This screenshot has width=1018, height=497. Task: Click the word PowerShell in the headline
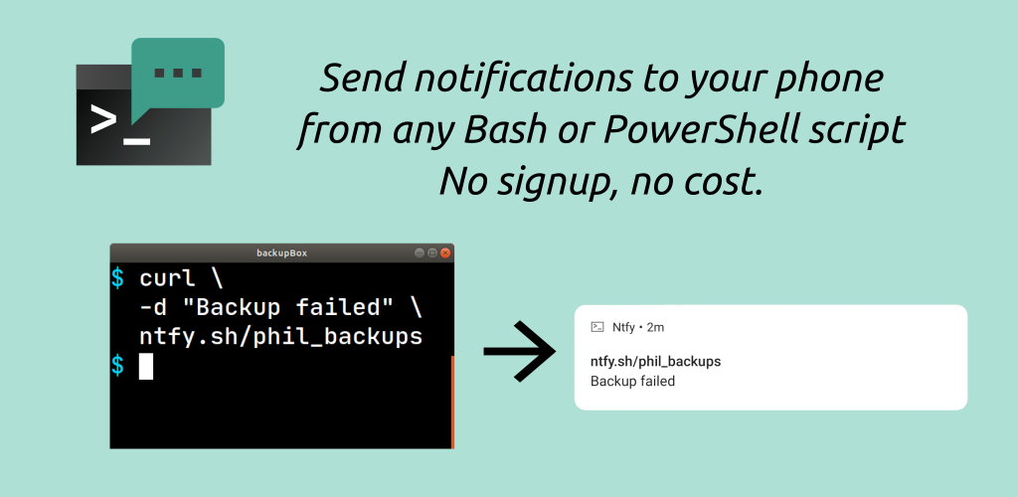(696, 130)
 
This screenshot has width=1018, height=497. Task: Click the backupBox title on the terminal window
(281, 253)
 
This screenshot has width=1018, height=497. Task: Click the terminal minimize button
(420, 253)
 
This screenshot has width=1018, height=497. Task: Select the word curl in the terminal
(167, 279)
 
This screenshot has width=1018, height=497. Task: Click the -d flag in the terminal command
(154, 308)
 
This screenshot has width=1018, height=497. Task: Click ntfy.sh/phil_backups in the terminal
(281, 337)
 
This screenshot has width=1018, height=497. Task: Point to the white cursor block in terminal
(146, 367)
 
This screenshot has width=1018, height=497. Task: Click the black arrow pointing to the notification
(519, 351)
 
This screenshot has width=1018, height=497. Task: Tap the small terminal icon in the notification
(597, 327)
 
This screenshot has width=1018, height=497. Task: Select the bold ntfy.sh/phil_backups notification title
(656, 362)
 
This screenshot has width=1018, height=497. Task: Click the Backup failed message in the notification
(632, 382)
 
